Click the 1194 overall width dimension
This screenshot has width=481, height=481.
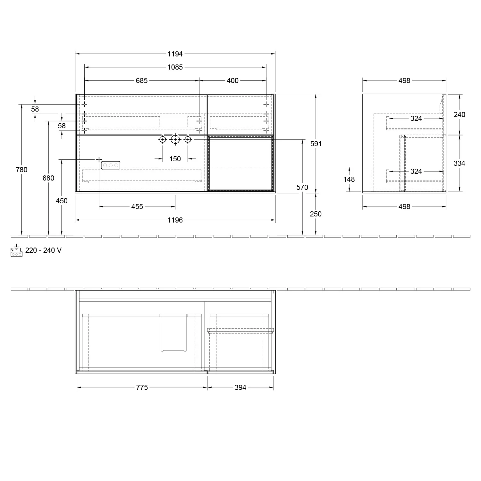click(175, 54)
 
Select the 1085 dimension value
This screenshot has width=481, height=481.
click(175, 67)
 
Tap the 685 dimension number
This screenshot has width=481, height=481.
click(142, 80)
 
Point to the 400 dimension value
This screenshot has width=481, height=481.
click(232, 80)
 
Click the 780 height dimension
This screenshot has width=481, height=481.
click(21, 170)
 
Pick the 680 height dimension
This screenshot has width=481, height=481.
click(48, 178)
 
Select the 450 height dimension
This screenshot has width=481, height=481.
click(62, 201)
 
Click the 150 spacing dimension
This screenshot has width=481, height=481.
click(175, 159)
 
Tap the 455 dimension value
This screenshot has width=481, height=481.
click(137, 207)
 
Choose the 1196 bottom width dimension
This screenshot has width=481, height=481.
click(175, 220)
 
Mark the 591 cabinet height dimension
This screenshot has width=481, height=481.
click(316, 144)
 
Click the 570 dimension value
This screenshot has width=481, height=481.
click(302, 187)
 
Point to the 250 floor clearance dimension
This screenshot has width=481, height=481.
click(316, 214)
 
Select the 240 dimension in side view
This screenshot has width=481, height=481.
click(459, 114)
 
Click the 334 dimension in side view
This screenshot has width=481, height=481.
click(459, 163)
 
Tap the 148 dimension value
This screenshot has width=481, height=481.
click(349, 179)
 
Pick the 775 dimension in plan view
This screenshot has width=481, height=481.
click(142, 387)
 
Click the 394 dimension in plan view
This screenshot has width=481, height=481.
click(240, 387)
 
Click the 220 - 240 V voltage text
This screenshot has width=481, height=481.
click(43, 250)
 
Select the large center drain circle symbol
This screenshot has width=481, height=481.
click(175, 139)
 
